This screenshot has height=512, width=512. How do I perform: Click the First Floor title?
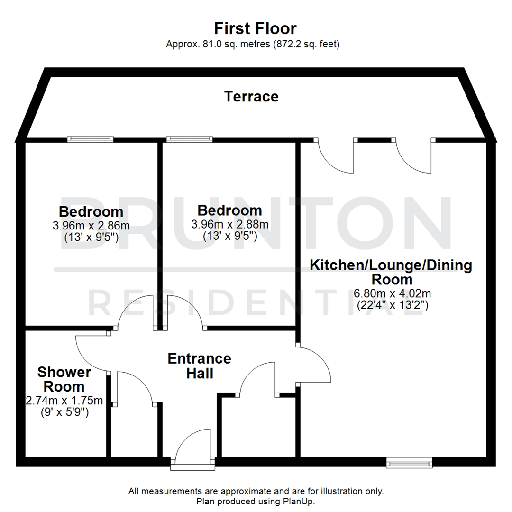256,28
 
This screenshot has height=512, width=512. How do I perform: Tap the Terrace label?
251,97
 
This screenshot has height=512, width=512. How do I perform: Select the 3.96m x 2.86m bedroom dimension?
91,225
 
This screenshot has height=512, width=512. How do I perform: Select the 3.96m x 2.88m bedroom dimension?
230,224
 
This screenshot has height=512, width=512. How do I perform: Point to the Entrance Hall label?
200,366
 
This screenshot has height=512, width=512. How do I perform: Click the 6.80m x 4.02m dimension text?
392,293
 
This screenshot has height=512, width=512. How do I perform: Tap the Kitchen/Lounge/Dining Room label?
391,272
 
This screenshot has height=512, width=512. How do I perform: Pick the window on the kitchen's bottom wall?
409,462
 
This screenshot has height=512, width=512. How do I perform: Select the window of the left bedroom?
91,139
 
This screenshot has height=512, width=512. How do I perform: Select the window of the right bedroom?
189,139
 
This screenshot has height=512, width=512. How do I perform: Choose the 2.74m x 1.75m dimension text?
64,401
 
